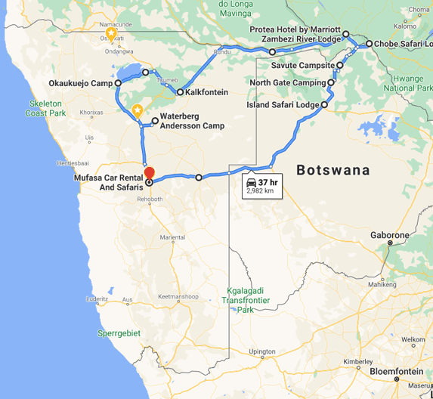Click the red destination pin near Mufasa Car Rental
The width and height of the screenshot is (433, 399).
tap(149, 172)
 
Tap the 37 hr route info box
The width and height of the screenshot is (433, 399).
tap(261, 186)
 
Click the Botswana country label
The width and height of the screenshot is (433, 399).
tap(333, 170)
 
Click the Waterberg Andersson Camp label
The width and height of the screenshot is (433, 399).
tap(192, 121)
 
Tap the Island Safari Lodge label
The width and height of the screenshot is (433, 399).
tap(283, 105)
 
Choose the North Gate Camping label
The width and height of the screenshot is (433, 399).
tap(288, 82)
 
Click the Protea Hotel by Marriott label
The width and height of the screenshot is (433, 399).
tap(295, 29)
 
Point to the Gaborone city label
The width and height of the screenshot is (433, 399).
tap(389, 235)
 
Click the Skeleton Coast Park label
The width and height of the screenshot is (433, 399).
tap(47, 108)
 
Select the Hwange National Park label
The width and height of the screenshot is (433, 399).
tap(409, 82)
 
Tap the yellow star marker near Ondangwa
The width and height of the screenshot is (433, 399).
tap(111, 33)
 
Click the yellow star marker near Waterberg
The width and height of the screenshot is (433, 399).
tap(138, 110)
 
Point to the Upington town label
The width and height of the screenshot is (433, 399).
tap(261, 351)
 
